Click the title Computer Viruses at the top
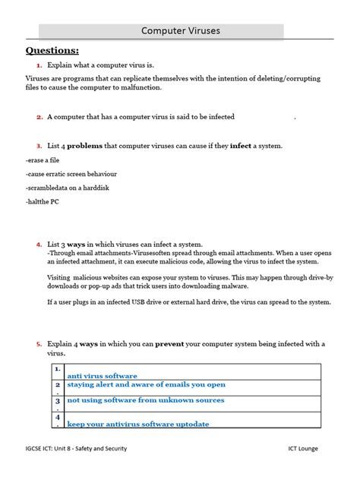pos(179,31)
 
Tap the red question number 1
pos(39,67)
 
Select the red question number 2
pos(39,118)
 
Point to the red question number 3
pos(39,145)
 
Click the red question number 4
pos(39,245)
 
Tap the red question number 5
pos(39,344)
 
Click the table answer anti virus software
pos(102,375)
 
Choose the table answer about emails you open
pos(146,385)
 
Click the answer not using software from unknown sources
pos(145,399)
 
